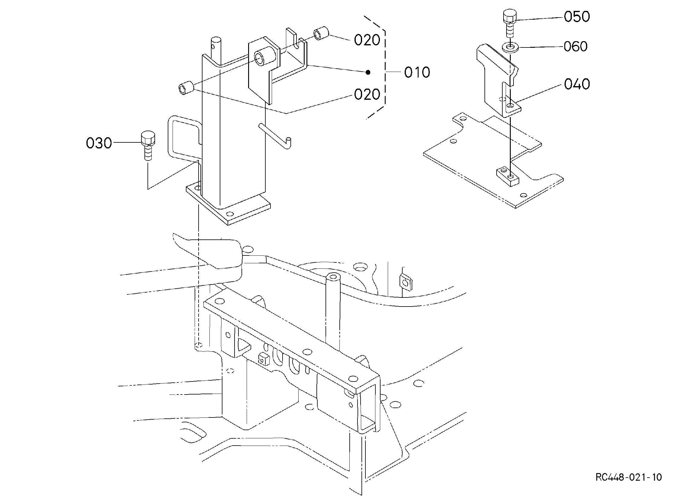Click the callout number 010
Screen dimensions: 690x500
pos(417,73)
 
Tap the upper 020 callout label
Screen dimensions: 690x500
pos(367,40)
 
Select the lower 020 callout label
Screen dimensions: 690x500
pos(367,95)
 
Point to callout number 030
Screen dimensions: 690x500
pos(99,143)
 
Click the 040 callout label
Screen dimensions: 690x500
pos(577,84)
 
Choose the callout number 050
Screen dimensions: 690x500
pos(577,17)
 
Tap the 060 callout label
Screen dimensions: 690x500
pos(576,47)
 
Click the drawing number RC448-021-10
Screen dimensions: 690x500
pos(629,477)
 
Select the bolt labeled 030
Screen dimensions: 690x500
pos(148,145)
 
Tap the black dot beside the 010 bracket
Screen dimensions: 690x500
pos(368,72)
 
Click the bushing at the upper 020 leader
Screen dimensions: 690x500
pos(322,33)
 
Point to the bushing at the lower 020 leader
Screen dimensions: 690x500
pos(186,88)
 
